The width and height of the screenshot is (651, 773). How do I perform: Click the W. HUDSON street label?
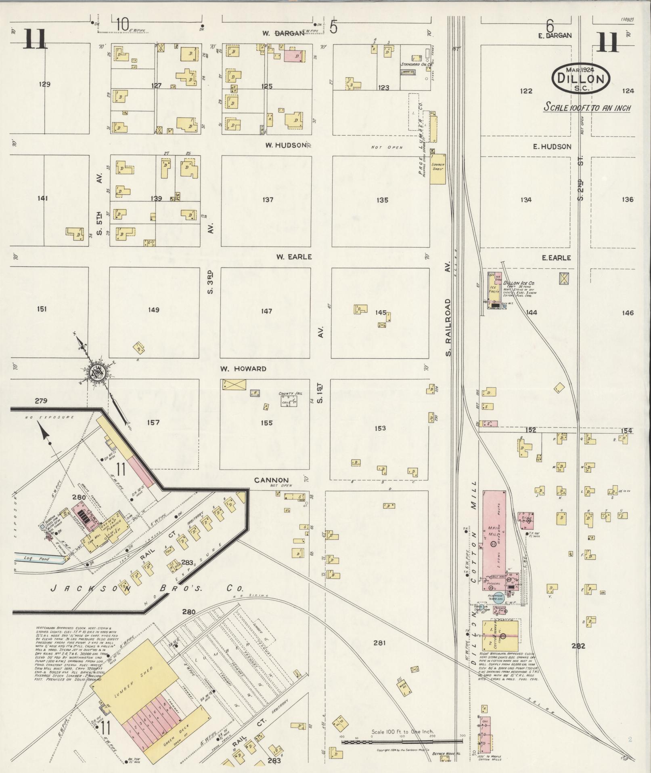pos(285,145)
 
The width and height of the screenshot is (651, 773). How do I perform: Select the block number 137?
pos(268,200)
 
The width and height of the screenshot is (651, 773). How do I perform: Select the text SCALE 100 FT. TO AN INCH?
pos(587,108)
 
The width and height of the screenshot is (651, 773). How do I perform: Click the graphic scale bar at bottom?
pos(402,741)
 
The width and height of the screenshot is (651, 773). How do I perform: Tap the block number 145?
pos(381,313)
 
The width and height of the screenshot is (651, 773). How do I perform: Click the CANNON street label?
pos(271,480)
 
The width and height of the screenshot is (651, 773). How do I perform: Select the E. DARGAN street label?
pos(555,36)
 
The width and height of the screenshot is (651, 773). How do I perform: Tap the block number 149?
pos(153,310)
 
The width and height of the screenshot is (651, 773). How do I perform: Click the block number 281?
pos(379,643)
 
